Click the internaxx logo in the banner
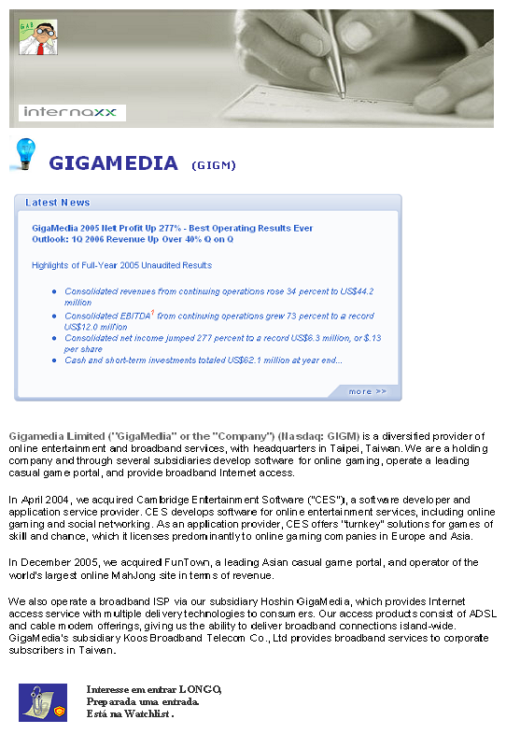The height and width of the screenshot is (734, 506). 72,113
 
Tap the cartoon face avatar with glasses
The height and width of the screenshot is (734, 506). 38,37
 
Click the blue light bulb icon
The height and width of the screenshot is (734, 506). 23,152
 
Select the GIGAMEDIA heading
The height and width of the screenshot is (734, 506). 113,163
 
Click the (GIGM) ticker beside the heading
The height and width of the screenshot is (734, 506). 213,165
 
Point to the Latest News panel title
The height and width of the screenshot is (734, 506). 58,203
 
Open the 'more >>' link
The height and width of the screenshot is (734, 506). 367,391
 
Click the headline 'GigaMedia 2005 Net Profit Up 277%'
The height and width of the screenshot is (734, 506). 173,228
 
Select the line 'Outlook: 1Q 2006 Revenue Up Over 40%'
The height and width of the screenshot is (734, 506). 132,239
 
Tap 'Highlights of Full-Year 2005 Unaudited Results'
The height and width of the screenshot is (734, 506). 121,265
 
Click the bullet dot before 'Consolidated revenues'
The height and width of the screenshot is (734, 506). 55,291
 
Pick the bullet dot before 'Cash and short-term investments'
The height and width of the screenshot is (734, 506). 55,360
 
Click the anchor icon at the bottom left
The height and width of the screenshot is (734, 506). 43,701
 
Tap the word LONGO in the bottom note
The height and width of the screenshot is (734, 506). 199,689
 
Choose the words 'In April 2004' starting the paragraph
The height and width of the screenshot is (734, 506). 38,501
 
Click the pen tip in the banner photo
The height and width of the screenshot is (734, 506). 342,95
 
